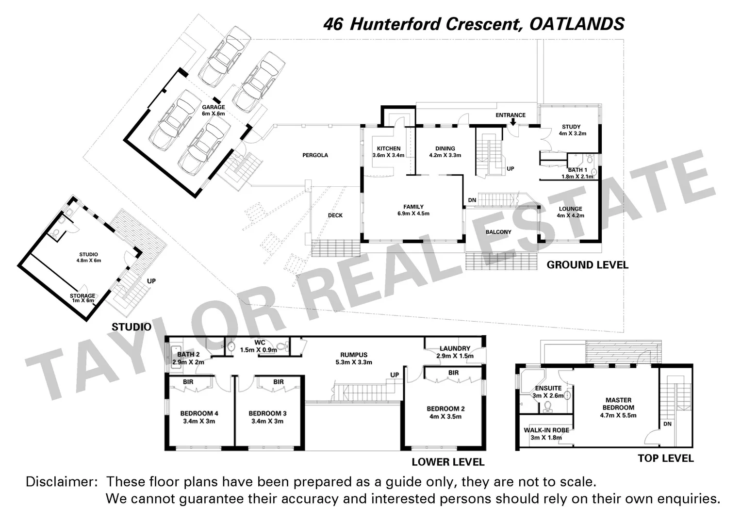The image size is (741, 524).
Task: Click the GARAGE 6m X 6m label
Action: click(x=214, y=110)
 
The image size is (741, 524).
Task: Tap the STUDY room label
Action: click(x=571, y=130)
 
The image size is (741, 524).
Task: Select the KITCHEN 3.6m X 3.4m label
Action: click(x=388, y=152)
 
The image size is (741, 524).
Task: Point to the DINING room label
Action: click(x=445, y=152)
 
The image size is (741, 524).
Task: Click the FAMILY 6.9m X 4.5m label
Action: click(x=413, y=210)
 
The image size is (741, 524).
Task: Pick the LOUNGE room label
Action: click(x=570, y=212)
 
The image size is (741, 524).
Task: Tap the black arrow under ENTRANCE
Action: click(x=512, y=123)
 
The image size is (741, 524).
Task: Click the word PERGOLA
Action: click(x=315, y=155)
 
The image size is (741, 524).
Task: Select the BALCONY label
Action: click(x=498, y=232)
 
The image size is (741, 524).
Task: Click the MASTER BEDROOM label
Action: click(x=618, y=408)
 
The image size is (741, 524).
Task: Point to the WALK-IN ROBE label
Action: click(x=546, y=434)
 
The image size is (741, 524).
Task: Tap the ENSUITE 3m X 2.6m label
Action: click(x=548, y=392)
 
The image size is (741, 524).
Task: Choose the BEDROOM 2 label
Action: click(x=445, y=412)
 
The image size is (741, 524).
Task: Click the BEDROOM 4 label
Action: click(x=199, y=417)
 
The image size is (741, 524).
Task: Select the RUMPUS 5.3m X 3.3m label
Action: click(x=354, y=358)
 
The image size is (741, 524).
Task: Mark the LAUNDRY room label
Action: click(x=455, y=352)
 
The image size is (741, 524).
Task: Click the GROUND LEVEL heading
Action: click(x=587, y=265)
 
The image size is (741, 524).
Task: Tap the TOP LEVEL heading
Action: click(x=665, y=458)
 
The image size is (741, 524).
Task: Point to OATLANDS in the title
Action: click(x=576, y=24)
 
